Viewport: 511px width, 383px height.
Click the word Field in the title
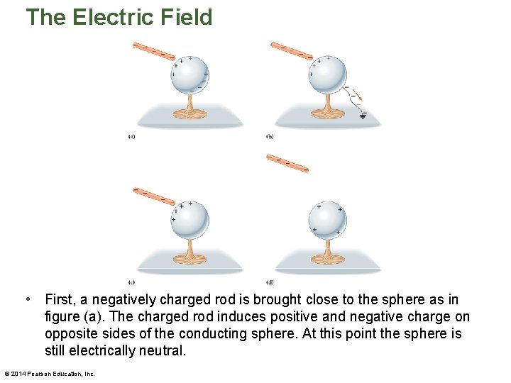(x=187, y=17)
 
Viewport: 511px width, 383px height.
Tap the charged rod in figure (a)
(x=153, y=51)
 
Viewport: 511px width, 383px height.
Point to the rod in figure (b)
(x=291, y=50)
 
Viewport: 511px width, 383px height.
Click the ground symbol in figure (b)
(x=363, y=116)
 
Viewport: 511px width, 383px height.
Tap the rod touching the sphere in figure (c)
(x=153, y=195)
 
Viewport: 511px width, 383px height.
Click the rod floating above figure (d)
(x=287, y=164)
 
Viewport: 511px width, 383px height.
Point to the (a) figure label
(x=131, y=136)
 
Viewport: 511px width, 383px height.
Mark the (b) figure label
(x=270, y=136)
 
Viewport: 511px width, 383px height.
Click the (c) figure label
(x=131, y=281)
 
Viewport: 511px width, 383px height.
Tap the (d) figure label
(x=270, y=281)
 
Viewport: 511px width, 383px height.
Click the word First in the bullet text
(x=60, y=300)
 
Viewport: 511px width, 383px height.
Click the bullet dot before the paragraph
(x=26, y=299)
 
